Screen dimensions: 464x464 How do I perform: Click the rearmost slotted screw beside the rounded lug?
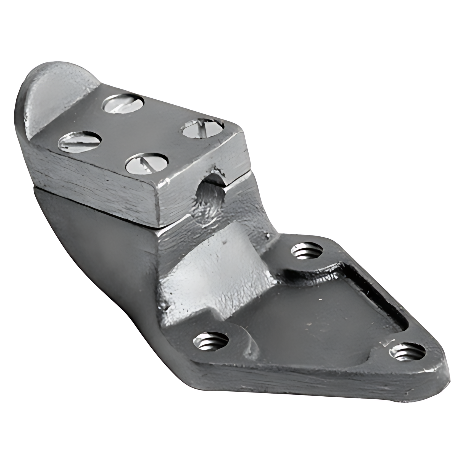[123, 104]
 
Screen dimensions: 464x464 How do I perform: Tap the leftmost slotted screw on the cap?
[79, 141]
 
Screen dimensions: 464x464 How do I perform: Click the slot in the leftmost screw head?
[79, 141]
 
